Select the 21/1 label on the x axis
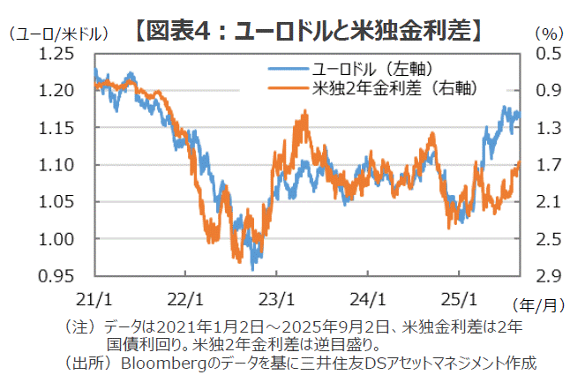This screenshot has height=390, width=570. tap(94, 296)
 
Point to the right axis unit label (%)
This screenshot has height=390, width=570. tap(547, 34)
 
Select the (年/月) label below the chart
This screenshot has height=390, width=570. tap(538, 304)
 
